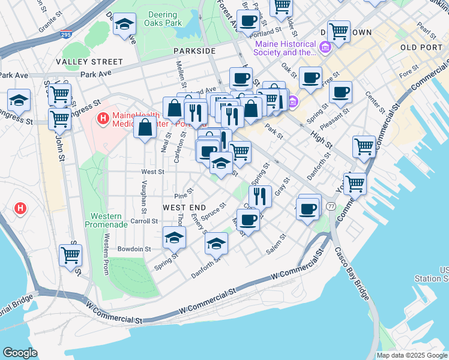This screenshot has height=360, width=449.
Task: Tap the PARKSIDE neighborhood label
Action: click(194, 51)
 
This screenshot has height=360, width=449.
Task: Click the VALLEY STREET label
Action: click(89, 62)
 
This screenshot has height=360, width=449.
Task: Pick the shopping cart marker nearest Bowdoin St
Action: click(70, 255)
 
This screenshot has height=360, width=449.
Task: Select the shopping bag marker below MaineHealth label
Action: click(145, 128)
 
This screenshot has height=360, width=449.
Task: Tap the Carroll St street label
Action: click(143, 221)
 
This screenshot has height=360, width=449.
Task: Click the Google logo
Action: click(20, 353)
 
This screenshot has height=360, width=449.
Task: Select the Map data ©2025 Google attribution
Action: click(411, 355)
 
